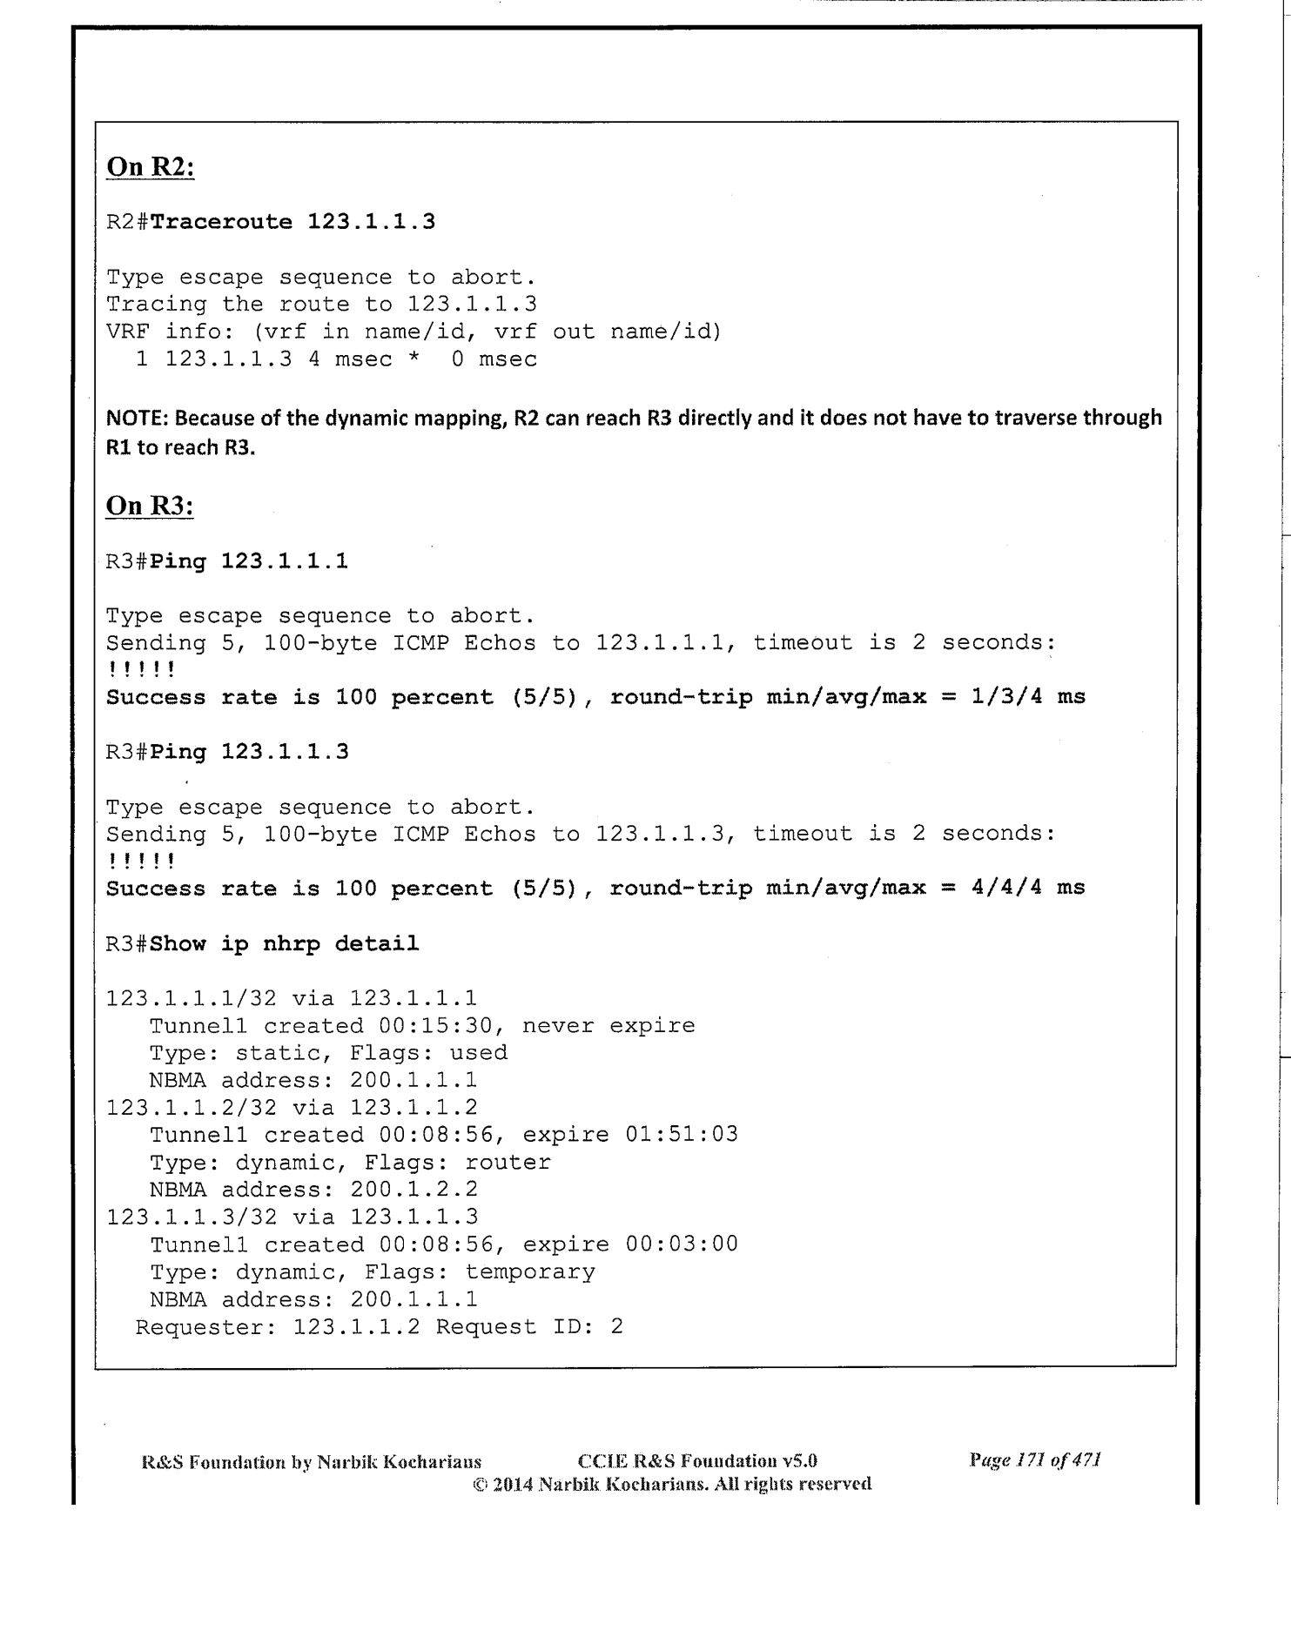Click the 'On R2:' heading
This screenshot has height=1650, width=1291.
pos(150,166)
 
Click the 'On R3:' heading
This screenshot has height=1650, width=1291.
pos(149,505)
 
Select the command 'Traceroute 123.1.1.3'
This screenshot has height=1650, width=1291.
pos(292,221)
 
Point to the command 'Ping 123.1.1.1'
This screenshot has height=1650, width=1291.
pos(249,560)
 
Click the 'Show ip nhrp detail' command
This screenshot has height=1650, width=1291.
pos(284,943)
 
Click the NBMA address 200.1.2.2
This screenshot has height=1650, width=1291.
pos(414,1189)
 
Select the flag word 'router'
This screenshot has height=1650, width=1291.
pos(508,1162)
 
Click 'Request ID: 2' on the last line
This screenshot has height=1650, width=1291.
pos(529,1326)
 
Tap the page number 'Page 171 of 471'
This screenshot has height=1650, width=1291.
pos(1035,1460)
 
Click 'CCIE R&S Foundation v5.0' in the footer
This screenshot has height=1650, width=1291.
pos(697,1461)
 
